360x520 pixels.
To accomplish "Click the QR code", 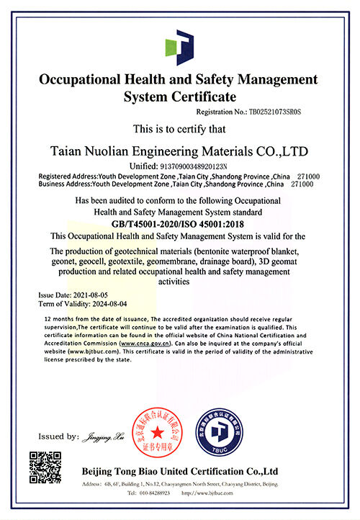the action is click(x=45, y=466).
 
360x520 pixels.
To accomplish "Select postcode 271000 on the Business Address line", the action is click(x=303, y=184).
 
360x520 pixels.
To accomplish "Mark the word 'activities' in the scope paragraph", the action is click(x=180, y=282).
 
